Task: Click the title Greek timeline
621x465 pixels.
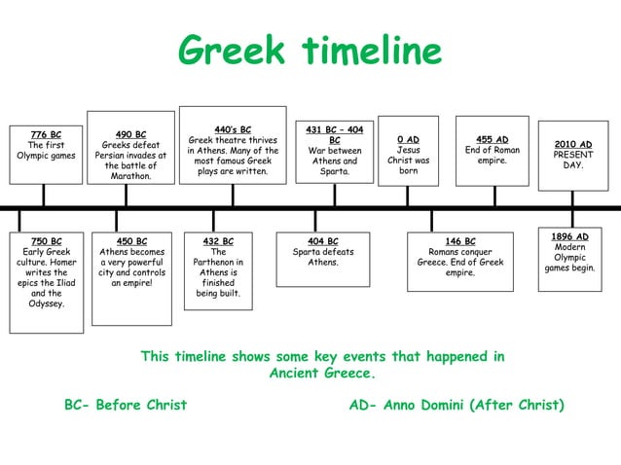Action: [310, 50]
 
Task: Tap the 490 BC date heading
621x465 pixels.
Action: [130, 135]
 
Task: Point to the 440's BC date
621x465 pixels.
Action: [233, 129]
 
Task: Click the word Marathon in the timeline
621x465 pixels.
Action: [130, 176]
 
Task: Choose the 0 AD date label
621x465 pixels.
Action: [408, 140]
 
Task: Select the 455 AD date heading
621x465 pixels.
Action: [492, 140]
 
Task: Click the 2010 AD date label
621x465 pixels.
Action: [572, 145]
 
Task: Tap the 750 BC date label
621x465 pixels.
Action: [46, 241]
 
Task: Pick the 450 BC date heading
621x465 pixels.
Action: [131, 241]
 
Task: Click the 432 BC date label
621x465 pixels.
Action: [218, 241]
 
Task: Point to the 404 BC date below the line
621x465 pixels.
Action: [322, 241]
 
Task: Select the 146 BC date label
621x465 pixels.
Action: [459, 241]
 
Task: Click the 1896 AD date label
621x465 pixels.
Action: [569, 236]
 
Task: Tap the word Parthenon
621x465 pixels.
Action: [218, 262]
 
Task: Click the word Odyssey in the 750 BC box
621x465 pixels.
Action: [46, 304]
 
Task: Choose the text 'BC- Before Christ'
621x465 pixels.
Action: [126, 405]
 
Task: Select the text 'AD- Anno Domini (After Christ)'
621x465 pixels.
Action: [457, 405]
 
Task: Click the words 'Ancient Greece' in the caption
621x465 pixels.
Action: [322, 374]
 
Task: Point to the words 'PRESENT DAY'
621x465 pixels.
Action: [572, 161]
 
